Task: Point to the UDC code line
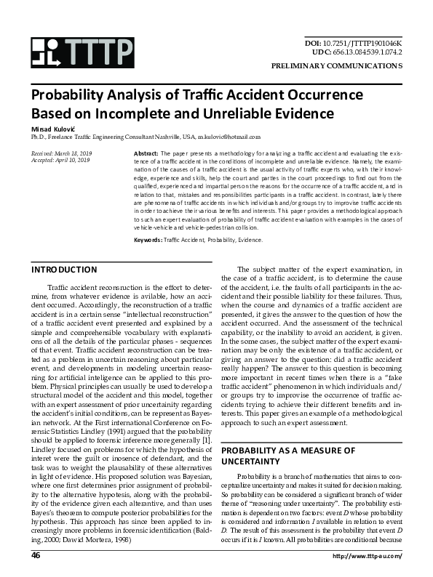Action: (357, 52)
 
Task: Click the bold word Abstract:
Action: (146, 154)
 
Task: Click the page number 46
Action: (36, 555)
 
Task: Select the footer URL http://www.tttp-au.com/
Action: (367, 556)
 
